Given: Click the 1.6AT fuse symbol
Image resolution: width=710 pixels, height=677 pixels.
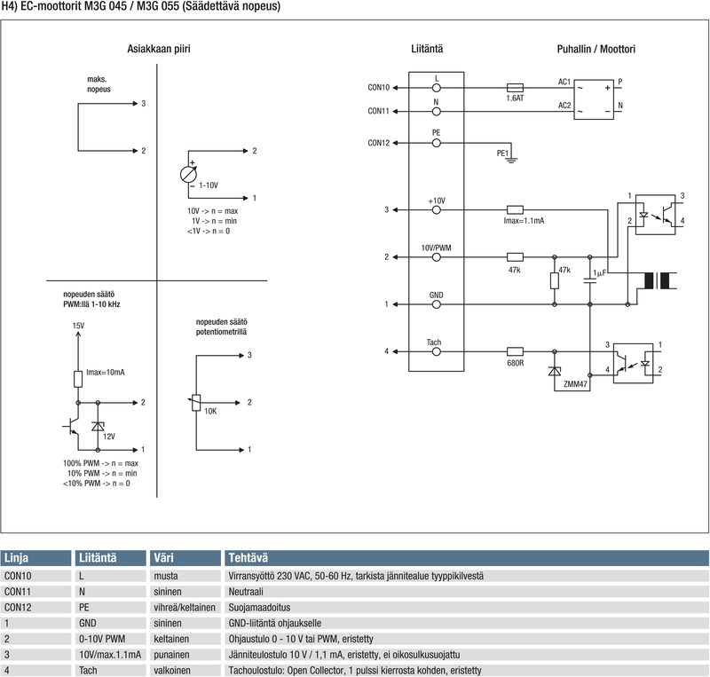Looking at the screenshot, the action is tap(515, 88).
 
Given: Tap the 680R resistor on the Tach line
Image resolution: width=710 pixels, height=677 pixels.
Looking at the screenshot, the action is tap(515, 351).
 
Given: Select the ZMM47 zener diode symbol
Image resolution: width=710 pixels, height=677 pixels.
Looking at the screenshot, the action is tap(554, 372).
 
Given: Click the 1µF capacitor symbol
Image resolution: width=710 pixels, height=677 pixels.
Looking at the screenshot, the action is tap(589, 280).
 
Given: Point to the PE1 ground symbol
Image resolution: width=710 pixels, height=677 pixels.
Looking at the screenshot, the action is tap(511, 159).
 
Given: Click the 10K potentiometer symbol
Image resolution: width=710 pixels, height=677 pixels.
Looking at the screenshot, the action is tap(195, 403).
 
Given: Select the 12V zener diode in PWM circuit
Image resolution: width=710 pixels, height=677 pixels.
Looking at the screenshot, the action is tap(98, 426).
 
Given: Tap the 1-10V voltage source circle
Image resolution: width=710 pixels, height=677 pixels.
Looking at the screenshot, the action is tap(188, 175).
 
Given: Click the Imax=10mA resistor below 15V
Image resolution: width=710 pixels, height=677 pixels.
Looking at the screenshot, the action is tap(78, 379).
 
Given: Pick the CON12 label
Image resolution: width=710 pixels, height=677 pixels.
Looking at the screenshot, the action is tap(379, 143).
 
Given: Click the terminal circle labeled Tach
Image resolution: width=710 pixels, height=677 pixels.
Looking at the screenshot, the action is tap(436, 351).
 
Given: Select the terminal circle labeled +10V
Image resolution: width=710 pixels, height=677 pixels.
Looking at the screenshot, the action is tap(436, 209).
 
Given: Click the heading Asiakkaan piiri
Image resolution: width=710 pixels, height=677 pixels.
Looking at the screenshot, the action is tap(159, 49).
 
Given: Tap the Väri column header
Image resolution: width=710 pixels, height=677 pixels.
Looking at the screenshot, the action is tap(163, 558).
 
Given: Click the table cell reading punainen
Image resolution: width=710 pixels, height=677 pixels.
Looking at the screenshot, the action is tap(171, 654).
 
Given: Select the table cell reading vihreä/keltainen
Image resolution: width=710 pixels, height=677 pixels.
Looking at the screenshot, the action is tap(185, 607).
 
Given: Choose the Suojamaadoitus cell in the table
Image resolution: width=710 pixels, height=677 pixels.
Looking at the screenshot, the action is tap(259, 607).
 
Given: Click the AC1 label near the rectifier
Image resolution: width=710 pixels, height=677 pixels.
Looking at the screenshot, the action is tap(564, 82).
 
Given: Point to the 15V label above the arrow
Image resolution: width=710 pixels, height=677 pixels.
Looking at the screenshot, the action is tap(78, 326).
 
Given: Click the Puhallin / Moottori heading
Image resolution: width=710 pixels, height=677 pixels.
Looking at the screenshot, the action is tap(596, 49).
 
